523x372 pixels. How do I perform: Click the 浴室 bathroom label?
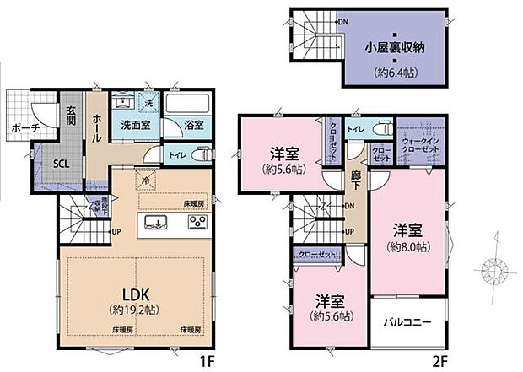pyautogui.click(x=193, y=125)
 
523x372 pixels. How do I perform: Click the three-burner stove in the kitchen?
pyautogui.click(x=197, y=223)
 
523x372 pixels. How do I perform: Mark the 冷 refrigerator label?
pyautogui.click(x=145, y=180)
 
